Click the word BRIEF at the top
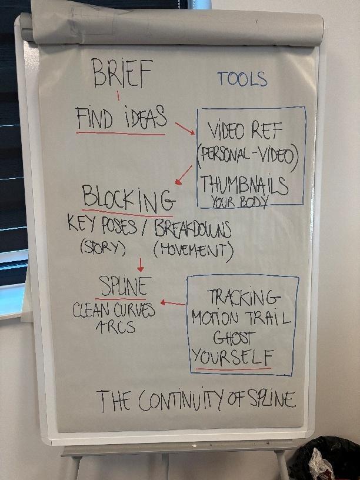[122, 75]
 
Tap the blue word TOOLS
[242, 79]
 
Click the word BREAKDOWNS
[192, 229]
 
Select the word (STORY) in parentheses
[103, 248]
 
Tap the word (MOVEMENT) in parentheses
[193, 251]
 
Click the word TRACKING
[241, 296]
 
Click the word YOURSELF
[233, 356]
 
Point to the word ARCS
[115, 326]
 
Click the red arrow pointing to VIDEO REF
[185, 128]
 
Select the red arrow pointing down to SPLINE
[140, 265]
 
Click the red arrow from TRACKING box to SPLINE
[173, 304]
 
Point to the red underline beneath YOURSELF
[234, 369]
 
